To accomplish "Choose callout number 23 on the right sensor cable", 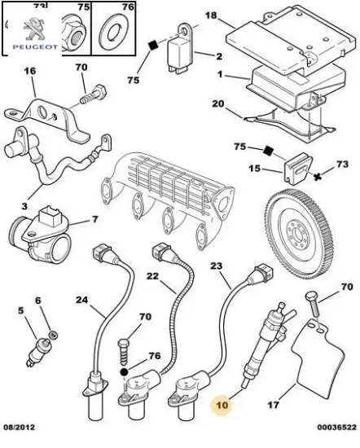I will coord(216,265).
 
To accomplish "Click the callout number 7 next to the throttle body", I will coord(94,219).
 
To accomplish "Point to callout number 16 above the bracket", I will coord(29,72).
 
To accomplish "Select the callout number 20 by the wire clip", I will coord(217,103).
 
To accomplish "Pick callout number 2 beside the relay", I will coord(218,56).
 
